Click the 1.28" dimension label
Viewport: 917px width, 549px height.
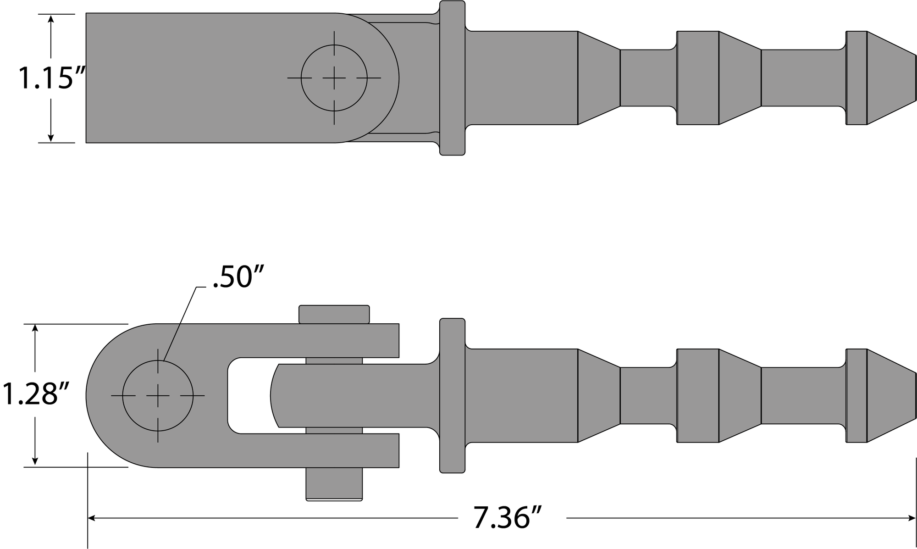[x=36, y=395]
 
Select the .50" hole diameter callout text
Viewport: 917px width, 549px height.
[x=238, y=277]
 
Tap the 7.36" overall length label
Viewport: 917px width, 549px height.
[x=508, y=518]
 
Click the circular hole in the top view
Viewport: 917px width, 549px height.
[x=334, y=78]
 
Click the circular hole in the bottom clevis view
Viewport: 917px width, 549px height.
[x=158, y=395]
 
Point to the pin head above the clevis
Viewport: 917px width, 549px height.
[x=334, y=314]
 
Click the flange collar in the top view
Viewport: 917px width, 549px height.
[x=452, y=78]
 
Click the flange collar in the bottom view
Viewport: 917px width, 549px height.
[x=452, y=395]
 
